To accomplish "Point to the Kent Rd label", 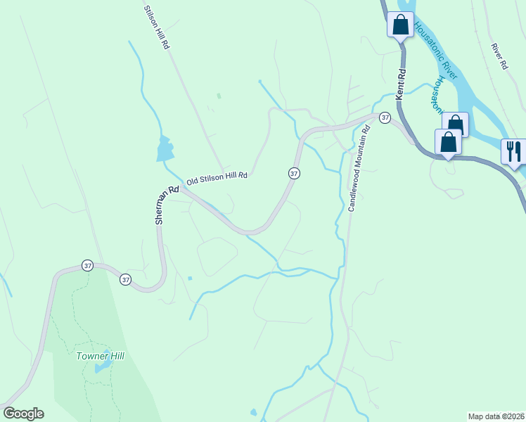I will point(401,83).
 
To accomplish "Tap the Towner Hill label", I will point(100,356).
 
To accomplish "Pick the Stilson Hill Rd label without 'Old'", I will point(156,27).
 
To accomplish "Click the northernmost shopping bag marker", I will point(400,25).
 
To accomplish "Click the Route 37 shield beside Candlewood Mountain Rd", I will point(385,117).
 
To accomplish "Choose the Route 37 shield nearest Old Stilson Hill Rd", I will point(294,173).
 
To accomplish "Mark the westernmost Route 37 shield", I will point(87,265).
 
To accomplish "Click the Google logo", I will point(23,414).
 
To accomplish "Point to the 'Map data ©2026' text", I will point(496,416).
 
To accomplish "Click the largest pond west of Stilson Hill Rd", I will point(165,148).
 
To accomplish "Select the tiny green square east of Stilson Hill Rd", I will point(219,96).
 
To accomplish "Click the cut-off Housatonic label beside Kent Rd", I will point(437,95).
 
